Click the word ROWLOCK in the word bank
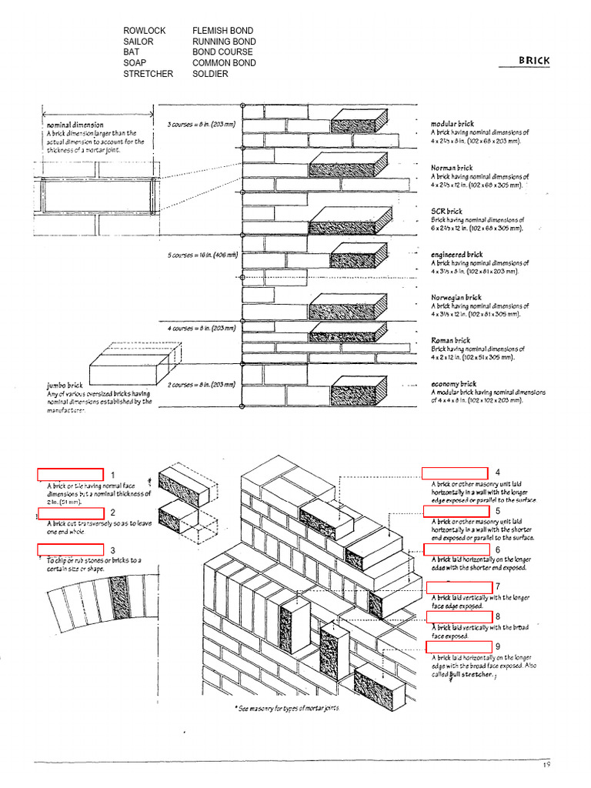click(144, 31)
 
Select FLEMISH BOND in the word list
click(223, 31)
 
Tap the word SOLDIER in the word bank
click(210, 74)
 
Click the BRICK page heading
click(534, 61)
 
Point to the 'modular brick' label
click(452, 123)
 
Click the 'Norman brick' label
click(452, 167)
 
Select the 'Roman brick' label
click(450, 339)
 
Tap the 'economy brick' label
click(453, 383)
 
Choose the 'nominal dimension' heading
click(75, 124)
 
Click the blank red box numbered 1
click(70, 474)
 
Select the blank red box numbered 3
click(70, 549)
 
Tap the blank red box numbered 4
click(454, 472)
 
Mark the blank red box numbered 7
click(459, 588)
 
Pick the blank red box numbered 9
click(459, 646)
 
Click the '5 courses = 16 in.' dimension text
click(202, 254)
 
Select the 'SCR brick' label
click(446, 211)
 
